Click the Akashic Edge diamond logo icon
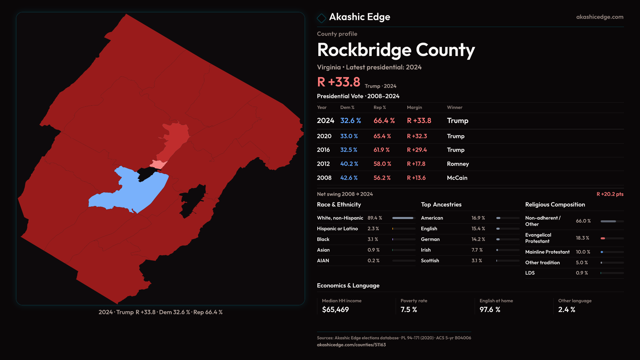click(321, 18)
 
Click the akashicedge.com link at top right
click(600, 17)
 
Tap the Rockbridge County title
click(396, 50)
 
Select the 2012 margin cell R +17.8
click(416, 164)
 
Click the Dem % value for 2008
click(349, 178)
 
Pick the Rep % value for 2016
click(381, 150)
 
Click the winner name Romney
click(458, 164)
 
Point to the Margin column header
click(414, 107)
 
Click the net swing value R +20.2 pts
click(610, 194)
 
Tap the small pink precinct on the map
click(158, 164)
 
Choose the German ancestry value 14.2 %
click(478, 239)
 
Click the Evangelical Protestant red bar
click(603, 238)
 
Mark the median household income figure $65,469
click(335, 310)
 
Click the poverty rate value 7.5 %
click(409, 310)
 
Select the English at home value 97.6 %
click(490, 310)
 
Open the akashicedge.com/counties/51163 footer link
click(351, 345)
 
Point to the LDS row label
click(530, 273)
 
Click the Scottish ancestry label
click(430, 261)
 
